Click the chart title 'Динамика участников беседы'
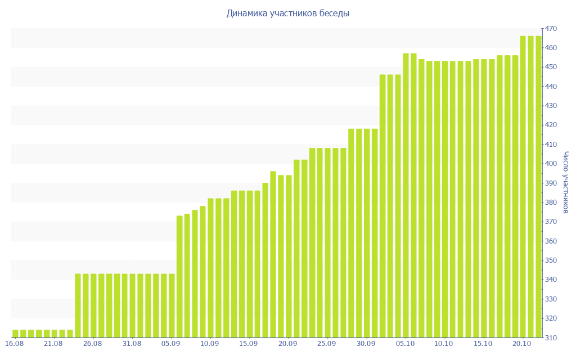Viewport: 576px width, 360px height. coord(287,13)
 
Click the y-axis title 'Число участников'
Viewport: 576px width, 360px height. coord(566,182)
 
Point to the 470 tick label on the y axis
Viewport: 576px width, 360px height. coord(551,29)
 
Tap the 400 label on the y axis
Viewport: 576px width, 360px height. coord(551,164)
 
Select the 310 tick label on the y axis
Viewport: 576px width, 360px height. coord(551,337)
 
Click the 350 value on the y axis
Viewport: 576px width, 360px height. coord(551,260)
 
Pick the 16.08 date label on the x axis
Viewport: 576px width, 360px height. coord(15,344)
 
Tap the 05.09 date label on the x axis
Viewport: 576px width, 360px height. coord(171,344)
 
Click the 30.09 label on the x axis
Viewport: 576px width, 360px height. coord(366,344)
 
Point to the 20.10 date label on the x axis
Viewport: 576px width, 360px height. coord(522,344)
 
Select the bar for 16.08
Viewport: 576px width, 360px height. coord(15,334)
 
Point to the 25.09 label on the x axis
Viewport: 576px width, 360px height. coord(327,344)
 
